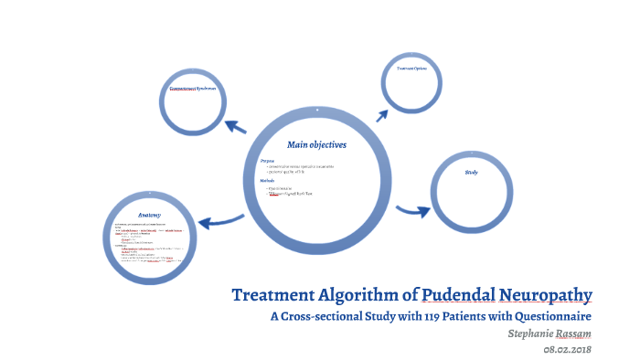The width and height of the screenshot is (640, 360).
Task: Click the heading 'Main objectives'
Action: coord(316,144)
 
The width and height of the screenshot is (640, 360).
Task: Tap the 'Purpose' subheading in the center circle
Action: coord(267,160)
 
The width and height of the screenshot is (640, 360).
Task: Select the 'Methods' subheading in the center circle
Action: coord(268,180)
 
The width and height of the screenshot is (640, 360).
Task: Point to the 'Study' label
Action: coord(471,172)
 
